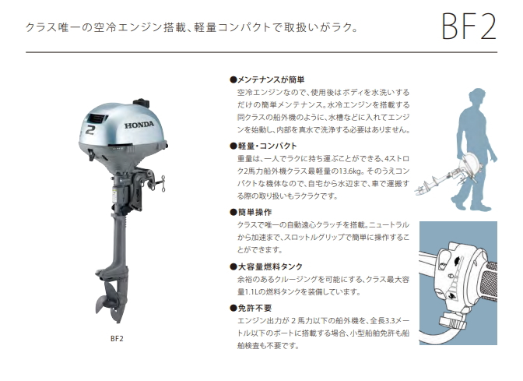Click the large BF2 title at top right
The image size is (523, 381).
[x=469, y=26]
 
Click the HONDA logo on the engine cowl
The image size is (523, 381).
[x=139, y=125]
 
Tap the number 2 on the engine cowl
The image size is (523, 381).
[x=90, y=130]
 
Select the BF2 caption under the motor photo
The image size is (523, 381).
[x=117, y=339]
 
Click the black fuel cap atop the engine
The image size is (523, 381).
[x=141, y=103]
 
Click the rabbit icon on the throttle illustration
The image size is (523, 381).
[x=458, y=259]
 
